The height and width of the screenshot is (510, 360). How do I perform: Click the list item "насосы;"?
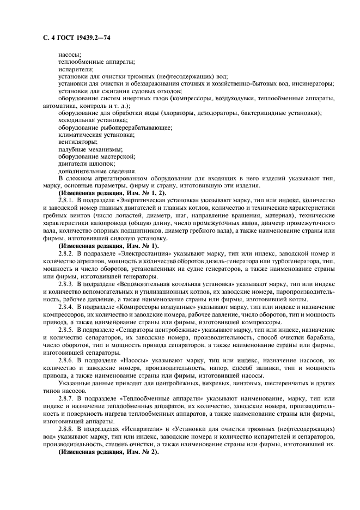70,55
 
